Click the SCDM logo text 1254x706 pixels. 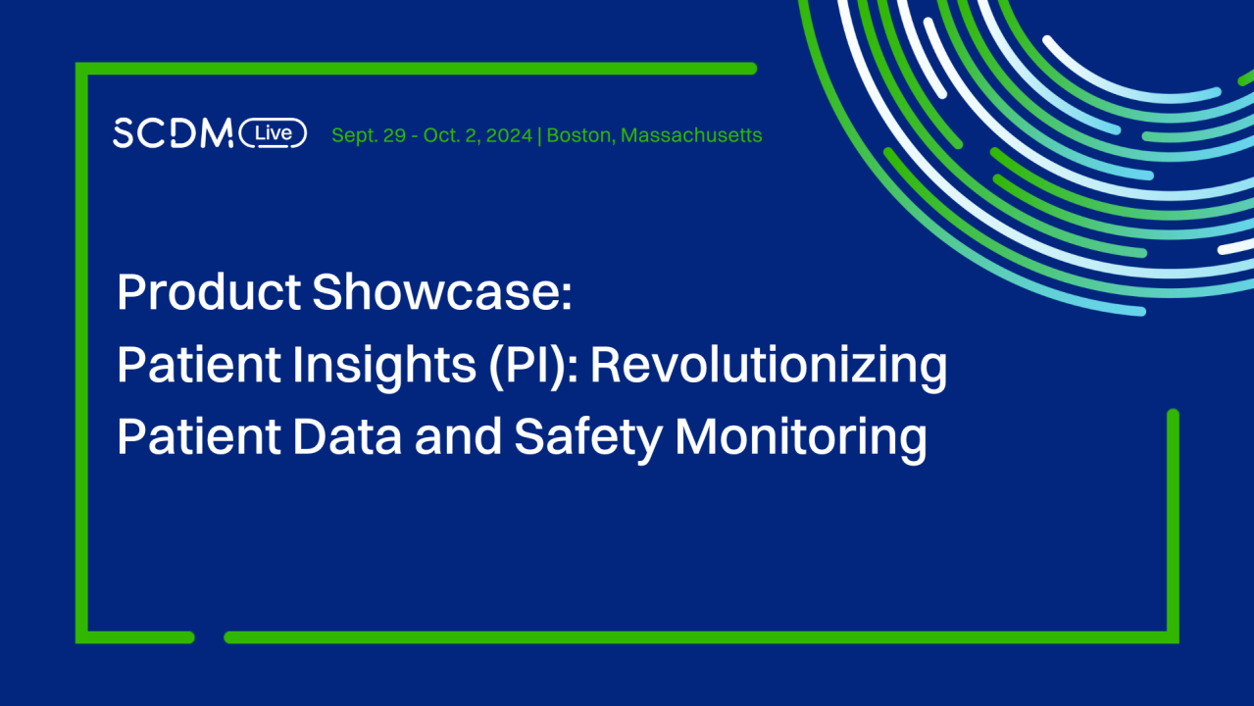(173, 133)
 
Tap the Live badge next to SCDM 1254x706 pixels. (274, 133)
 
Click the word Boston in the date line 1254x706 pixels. (578, 135)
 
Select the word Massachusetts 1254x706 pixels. (691, 135)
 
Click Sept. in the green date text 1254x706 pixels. (355, 135)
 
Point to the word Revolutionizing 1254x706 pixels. (769, 366)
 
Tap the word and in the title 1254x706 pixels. (458, 437)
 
